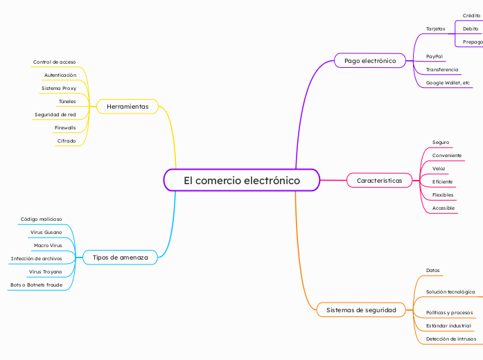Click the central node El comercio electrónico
pos(242,180)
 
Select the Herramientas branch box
pos(128,107)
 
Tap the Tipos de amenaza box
pos(120,258)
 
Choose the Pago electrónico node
pos(370,61)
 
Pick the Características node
pos(380,180)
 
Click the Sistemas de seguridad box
pos(361,310)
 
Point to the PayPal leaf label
pos(434,57)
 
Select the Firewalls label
pos(65,127)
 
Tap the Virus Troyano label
pos(46,271)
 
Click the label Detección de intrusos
pos(451,339)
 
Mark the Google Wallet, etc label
pos(448,83)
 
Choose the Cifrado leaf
pos(67,141)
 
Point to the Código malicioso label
pos(42,219)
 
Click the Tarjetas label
pos(435,29)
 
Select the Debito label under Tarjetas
pos(471,29)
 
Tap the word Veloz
pos(439,169)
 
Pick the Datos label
pos(433,271)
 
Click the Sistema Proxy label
pos(59,89)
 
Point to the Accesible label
pos(444,208)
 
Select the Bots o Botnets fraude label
pos(36,285)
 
